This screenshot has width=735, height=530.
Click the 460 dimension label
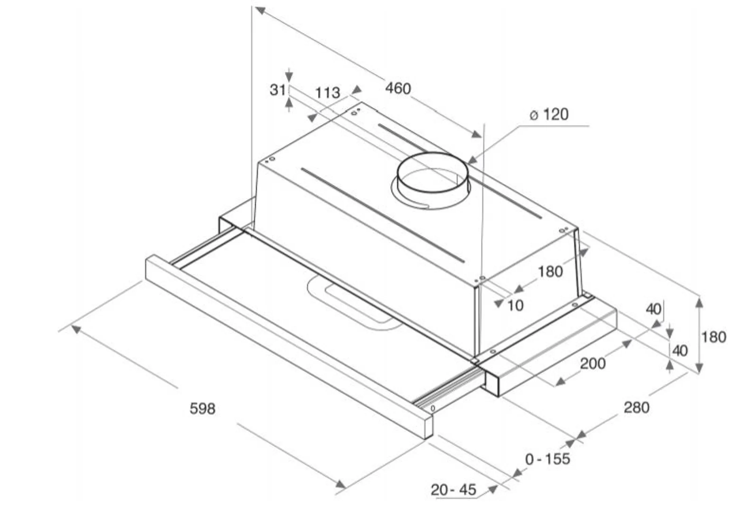click(398, 89)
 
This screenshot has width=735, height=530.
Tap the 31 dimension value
click(277, 90)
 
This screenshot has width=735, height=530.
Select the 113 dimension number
click(327, 93)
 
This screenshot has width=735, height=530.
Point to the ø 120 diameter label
click(549, 114)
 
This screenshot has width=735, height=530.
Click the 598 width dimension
click(202, 408)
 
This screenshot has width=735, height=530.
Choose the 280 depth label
click(636, 407)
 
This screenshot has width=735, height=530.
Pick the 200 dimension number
click(593, 364)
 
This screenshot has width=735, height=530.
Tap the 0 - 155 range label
click(548, 459)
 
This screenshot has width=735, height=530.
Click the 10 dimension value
click(516, 306)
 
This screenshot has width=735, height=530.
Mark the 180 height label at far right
click(714, 337)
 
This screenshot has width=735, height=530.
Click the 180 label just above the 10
click(550, 272)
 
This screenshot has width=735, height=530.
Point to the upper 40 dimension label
click(654, 309)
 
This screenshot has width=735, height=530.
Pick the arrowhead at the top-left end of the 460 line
click(260, 10)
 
